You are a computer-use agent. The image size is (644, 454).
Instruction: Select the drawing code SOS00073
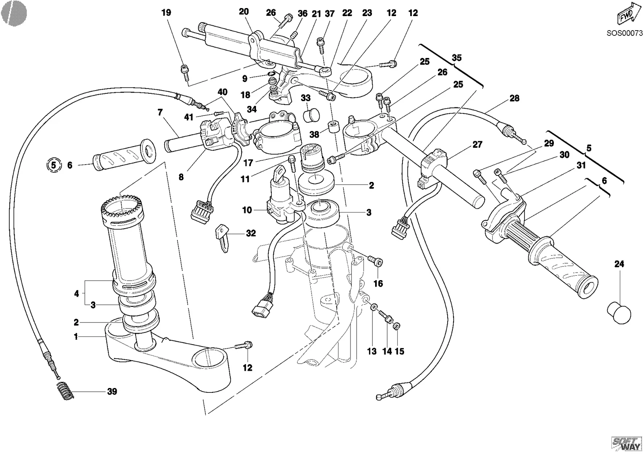coord(624,33)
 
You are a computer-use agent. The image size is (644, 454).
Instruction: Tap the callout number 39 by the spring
coord(112,391)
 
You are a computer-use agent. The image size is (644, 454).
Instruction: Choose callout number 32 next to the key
coord(251,233)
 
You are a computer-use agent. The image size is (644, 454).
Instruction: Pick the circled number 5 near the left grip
coord(54,165)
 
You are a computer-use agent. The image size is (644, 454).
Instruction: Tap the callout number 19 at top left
coord(166,12)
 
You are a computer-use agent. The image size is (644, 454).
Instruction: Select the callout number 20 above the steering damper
coord(244,12)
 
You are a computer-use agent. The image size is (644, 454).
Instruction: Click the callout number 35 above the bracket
coord(456,58)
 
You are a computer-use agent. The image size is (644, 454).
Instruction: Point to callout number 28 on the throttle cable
coord(514,98)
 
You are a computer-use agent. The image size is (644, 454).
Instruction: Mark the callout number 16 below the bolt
coord(378,283)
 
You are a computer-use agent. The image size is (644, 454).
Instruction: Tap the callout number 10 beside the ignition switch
coord(247,210)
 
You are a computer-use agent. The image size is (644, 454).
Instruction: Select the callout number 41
coord(189,117)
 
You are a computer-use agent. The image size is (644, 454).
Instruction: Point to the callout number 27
coord(477,144)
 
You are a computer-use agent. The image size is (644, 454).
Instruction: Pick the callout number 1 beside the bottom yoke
coord(76,336)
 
